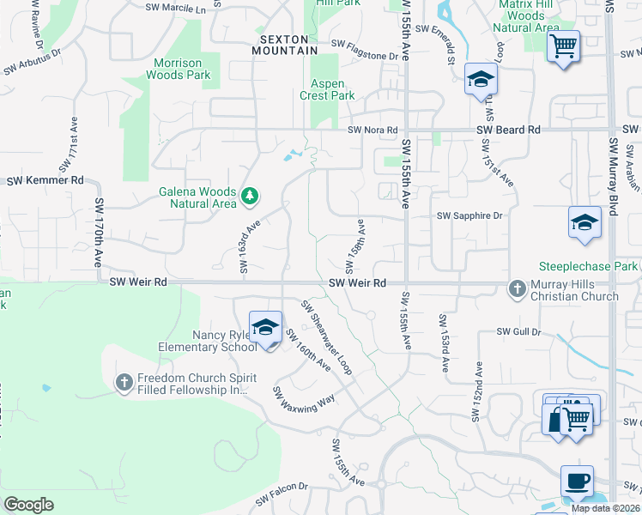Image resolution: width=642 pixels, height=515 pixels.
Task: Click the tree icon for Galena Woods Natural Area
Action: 250,197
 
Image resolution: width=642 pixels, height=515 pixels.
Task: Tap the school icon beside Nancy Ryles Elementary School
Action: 266,327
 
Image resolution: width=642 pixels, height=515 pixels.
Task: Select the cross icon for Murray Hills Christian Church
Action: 518,288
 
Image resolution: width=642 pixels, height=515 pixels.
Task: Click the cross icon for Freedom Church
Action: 124,382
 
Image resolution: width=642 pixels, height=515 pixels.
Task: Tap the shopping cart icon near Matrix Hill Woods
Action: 564,45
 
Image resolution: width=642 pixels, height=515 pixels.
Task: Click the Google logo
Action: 28,505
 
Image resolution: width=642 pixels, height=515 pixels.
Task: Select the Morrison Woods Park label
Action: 182,69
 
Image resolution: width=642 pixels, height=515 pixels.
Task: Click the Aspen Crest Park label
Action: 327,89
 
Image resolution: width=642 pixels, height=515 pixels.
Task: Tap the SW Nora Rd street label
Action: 373,130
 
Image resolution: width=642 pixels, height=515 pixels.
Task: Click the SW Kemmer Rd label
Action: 45,181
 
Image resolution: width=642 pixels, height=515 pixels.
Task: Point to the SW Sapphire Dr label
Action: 469,216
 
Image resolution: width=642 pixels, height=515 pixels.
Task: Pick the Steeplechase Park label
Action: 588,266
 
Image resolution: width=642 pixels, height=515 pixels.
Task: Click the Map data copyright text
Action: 604,508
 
